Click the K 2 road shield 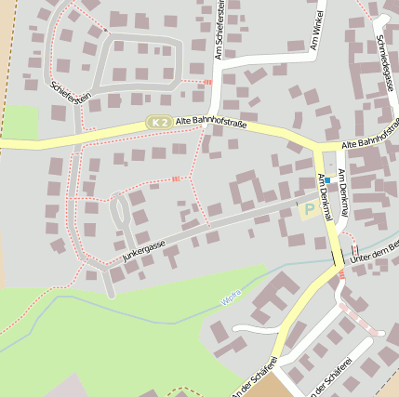click(x=159, y=123)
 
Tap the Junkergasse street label click(x=143, y=250)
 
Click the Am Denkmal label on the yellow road click(x=326, y=198)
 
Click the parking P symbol click(x=309, y=210)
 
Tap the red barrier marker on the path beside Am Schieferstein click(x=206, y=82)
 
